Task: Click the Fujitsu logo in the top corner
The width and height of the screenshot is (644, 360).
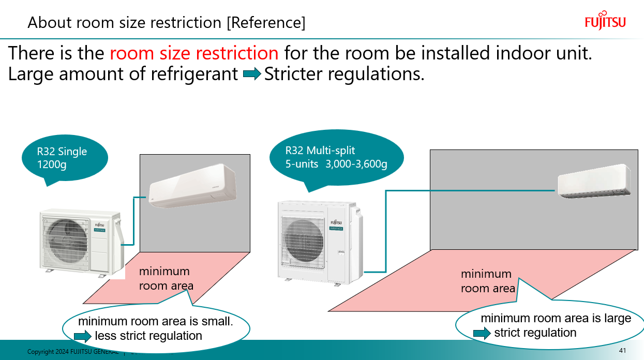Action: point(605,20)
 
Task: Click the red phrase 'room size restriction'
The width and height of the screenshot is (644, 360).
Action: point(194,53)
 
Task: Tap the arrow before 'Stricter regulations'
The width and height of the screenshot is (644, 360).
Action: point(252,74)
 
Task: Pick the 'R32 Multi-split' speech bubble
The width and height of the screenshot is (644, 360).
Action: point(336,157)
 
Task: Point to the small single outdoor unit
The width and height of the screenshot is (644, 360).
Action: point(81,240)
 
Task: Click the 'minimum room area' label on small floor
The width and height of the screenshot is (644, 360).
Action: point(166,278)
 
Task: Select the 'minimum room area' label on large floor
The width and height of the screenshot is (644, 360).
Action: point(487,281)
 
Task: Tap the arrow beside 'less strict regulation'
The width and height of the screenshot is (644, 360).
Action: point(82,337)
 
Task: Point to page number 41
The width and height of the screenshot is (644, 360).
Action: point(622,351)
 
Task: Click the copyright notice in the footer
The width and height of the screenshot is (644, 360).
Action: point(72,352)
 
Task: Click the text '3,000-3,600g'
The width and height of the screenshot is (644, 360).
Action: point(356,164)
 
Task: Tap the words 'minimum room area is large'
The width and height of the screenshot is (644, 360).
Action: point(556,318)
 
